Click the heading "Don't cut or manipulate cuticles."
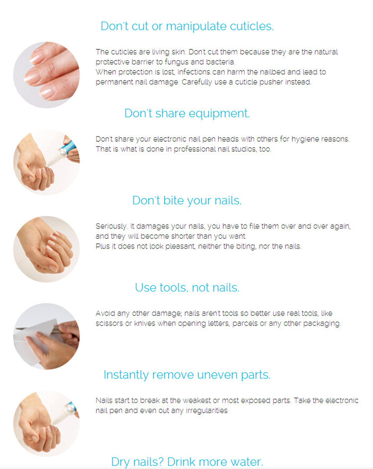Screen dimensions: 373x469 pyautogui.click(x=187, y=26)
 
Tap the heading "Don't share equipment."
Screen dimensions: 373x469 pyautogui.click(x=187, y=114)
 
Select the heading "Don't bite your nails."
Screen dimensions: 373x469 pyautogui.click(x=186, y=201)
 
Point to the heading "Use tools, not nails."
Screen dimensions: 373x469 pyautogui.click(x=187, y=287)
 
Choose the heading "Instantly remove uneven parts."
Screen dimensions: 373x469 pyautogui.click(x=187, y=375)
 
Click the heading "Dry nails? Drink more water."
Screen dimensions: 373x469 pyautogui.click(x=187, y=462)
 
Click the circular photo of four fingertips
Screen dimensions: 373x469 pyautogui.click(x=46, y=75)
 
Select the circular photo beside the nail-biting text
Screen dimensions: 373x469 pyautogui.click(x=46, y=249)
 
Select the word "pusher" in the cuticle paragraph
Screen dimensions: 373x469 pyautogui.click(x=271, y=82)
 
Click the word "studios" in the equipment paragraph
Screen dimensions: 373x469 pyautogui.click(x=245, y=149)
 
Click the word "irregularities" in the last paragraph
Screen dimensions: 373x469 pyautogui.click(x=207, y=411)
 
